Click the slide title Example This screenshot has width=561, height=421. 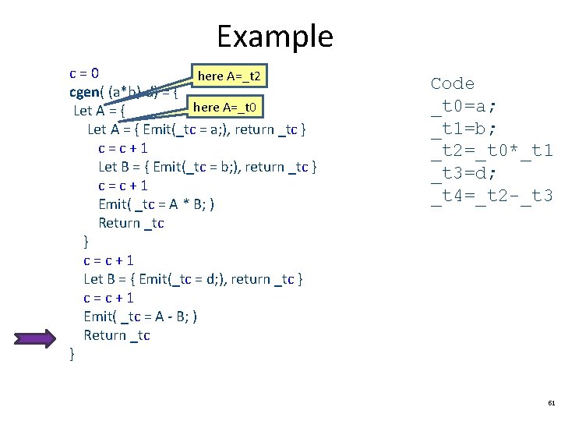[274, 36]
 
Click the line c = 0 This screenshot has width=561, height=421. [84, 74]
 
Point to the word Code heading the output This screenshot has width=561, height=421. [452, 83]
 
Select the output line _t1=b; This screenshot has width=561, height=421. [463, 129]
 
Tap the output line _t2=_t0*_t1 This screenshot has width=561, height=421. [491, 151]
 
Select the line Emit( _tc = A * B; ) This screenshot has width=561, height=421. [157, 204]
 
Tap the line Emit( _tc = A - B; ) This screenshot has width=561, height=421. [140, 317]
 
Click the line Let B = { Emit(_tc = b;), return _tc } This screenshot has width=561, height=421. [207, 167]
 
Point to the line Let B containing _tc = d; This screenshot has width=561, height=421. [193, 279]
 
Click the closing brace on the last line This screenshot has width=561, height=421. [72, 355]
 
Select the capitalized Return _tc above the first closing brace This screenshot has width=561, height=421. [131, 223]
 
